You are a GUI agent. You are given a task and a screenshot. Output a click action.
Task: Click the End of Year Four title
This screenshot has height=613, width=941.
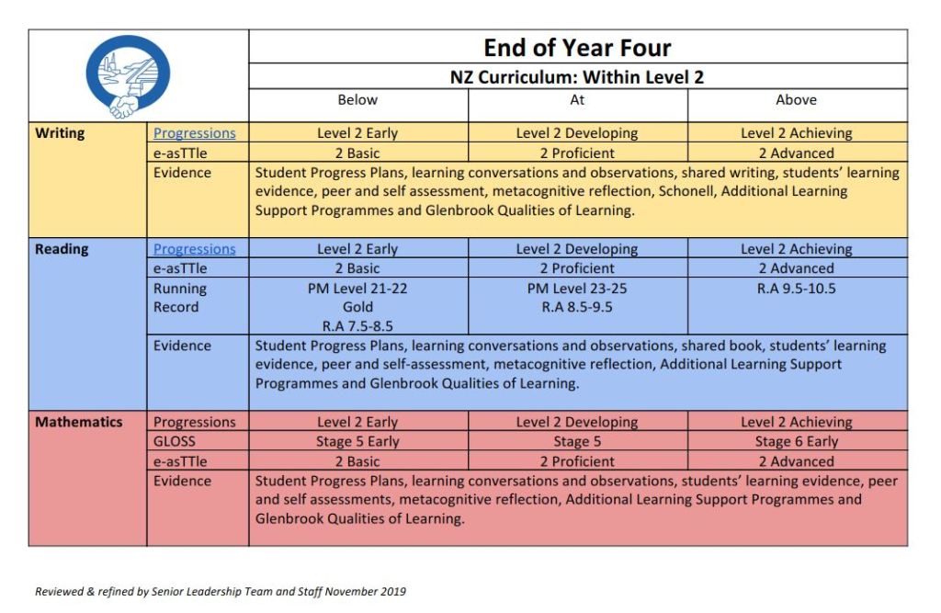click(577, 48)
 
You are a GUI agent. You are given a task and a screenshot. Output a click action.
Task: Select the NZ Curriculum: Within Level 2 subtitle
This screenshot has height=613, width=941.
click(577, 77)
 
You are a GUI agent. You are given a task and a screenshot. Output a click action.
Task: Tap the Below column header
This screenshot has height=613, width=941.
click(357, 100)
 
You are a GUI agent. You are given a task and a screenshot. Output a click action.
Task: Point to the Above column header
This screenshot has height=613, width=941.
click(796, 100)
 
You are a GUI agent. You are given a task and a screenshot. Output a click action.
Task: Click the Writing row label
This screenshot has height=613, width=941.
click(60, 133)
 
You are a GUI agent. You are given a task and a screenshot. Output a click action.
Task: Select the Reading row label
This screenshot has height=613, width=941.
click(62, 249)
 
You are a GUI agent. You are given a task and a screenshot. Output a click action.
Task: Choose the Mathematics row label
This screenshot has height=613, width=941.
click(79, 423)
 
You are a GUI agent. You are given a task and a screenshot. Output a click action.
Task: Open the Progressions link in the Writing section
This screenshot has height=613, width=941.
click(195, 133)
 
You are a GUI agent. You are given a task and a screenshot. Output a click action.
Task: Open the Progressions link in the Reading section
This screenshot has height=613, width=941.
click(195, 249)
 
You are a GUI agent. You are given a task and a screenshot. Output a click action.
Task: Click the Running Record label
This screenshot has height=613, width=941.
click(180, 298)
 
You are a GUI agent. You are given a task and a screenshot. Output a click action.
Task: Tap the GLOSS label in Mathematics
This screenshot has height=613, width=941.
click(175, 442)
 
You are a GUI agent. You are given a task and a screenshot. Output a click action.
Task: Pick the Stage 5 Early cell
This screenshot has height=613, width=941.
click(357, 442)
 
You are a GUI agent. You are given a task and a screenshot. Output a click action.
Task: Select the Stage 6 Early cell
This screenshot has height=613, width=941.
click(797, 442)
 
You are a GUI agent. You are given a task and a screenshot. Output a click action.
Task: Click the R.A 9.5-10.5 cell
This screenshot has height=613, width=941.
click(797, 289)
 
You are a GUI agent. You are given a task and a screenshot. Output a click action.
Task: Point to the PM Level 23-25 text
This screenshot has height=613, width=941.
click(577, 289)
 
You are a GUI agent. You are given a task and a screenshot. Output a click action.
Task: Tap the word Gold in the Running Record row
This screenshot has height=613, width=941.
click(357, 307)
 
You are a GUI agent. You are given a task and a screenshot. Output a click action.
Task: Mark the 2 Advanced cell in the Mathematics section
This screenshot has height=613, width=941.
click(797, 461)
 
